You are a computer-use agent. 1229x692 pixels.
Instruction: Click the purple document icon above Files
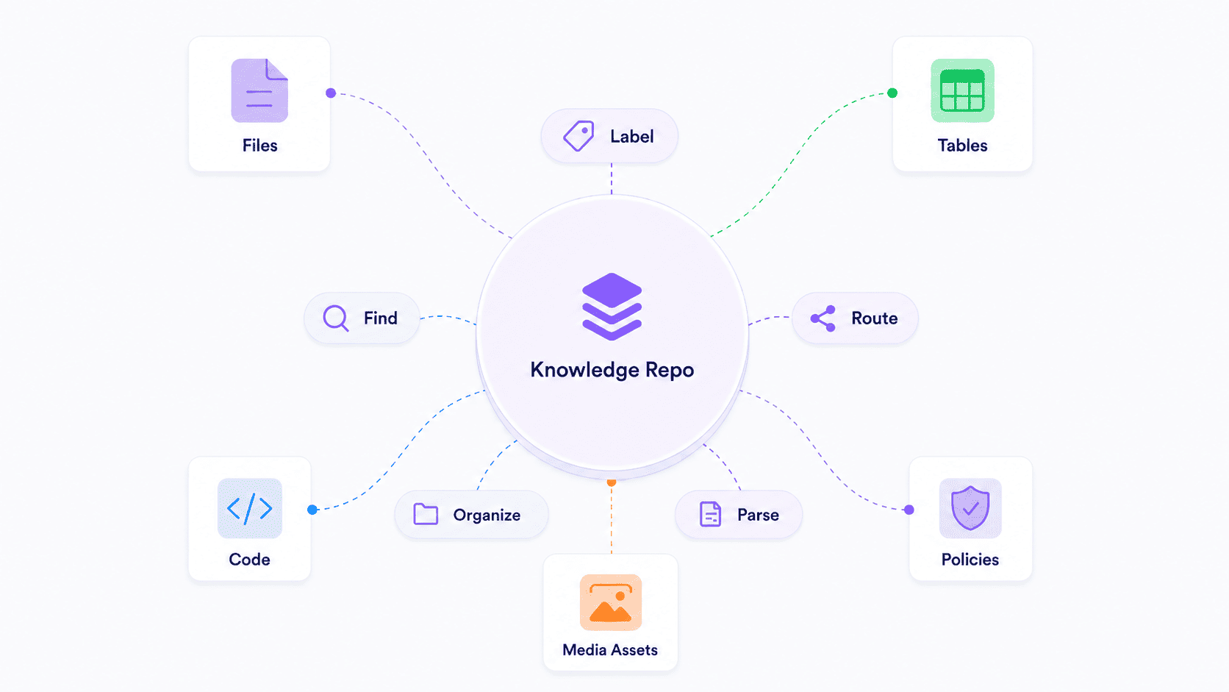pyautogui.click(x=259, y=90)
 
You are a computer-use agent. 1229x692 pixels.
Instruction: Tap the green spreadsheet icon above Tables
pyautogui.click(x=962, y=90)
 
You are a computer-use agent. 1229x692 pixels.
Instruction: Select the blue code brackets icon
pyautogui.click(x=250, y=508)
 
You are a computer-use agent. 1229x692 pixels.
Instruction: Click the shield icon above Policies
pyautogui.click(x=970, y=508)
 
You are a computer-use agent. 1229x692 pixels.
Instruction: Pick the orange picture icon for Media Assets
pyautogui.click(x=611, y=602)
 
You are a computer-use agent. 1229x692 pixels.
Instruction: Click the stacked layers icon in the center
pyautogui.click(x=612, y=306)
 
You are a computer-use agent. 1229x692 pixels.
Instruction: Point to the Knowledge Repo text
pyautogui.click(x=612, y=370)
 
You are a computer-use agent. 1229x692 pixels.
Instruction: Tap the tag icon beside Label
pyautogui.click(x=578, y=135)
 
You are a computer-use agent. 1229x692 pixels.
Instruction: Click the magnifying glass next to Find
pyautogui.click(x=336, y=318)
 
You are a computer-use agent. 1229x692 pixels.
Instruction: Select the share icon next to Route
pyautogui.click(x=823, y=318)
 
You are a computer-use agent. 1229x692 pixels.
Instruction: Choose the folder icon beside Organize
pyautogui.click(x=426, y=514)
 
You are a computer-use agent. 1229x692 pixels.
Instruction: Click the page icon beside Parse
pyautogui.click(x=711, y=514)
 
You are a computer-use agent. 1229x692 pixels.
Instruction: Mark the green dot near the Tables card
pyautogui.click(x=892, y=93)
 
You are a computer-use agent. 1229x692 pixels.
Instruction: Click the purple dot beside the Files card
pyautogui.click(x=331, y=93)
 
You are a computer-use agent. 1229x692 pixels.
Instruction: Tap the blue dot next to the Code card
pyautogui.click(x=312, y=510)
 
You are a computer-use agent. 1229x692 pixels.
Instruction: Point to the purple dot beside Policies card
pyautogui.click(x=909, y=510)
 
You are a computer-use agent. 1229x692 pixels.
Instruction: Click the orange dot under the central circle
pyautogui.click(x=612, y=482)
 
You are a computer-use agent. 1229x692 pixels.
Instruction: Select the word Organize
pyautogui.click(x=487, y=516)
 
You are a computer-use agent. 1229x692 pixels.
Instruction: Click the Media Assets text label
pyautogui.click(x=610, y=650)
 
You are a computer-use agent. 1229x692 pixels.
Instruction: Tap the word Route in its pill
pyautogui.click(x=875, y=318)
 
